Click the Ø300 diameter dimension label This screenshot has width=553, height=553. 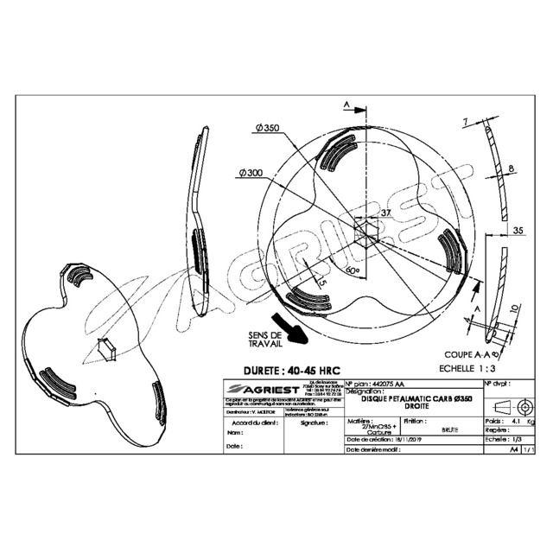(x=251, y=173)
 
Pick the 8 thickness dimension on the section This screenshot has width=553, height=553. (x=512, y=168)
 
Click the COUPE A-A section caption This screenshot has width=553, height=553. (x=472, y=354)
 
